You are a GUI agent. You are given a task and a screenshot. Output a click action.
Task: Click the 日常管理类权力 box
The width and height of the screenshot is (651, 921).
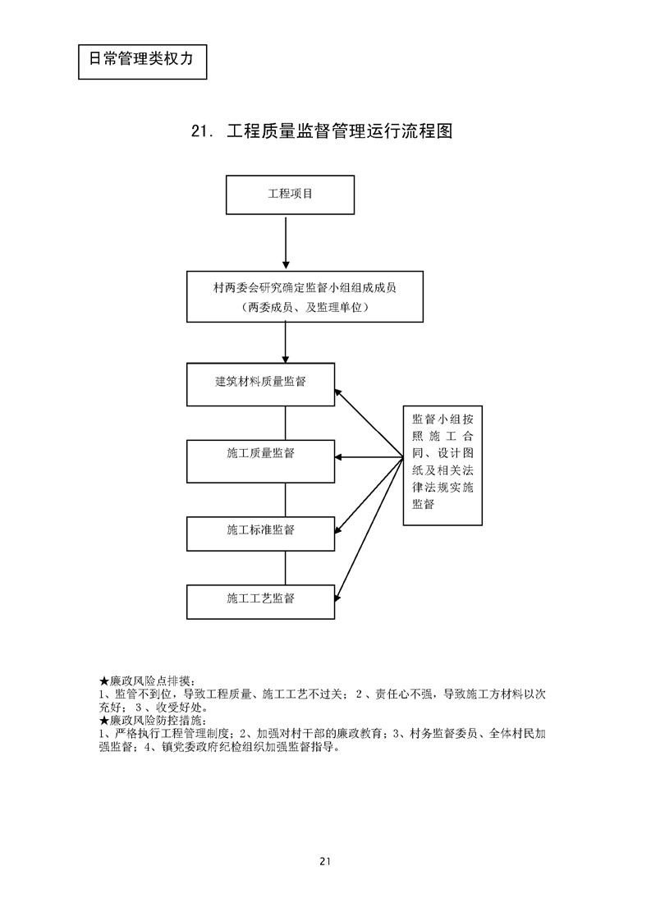(141, 59)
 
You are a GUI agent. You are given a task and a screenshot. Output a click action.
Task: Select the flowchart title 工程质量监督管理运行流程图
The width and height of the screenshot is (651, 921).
(340, 131)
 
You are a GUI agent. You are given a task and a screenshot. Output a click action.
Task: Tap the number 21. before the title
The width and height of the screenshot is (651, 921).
(202, 132)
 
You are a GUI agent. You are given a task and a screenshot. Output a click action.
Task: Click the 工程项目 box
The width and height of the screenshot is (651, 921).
(290, 195)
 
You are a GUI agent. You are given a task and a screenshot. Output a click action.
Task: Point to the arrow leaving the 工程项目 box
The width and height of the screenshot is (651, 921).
(285, 242)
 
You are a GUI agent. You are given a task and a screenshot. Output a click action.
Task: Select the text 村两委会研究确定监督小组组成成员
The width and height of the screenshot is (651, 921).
(305, 287)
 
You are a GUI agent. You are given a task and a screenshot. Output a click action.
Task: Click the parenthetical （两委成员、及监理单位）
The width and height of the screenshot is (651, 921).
(305, 308)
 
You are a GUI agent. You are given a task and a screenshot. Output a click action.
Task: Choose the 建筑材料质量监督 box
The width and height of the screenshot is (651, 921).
(260, 383)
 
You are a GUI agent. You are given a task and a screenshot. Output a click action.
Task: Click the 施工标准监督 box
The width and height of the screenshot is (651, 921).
(260, 530)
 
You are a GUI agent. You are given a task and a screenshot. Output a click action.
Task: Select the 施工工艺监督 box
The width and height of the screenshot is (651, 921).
(260, 599)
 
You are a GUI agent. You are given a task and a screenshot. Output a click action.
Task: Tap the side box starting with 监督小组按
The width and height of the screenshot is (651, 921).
(441, 465)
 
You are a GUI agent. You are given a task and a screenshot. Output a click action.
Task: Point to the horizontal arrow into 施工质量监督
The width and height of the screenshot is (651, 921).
(369, 457)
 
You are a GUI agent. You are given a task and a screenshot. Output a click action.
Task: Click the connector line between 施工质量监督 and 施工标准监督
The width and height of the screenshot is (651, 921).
(285, 499)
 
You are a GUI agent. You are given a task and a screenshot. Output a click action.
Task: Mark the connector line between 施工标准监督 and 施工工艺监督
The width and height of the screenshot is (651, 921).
(285, 567)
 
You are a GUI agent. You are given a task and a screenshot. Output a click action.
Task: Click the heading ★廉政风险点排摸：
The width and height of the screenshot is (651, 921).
(146, 680)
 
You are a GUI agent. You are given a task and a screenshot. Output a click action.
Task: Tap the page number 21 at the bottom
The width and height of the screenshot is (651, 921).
(325, 861)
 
